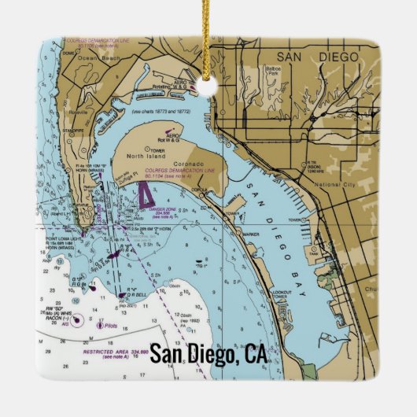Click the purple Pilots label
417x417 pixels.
coord(110,323)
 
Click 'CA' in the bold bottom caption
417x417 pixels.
coord(255,355)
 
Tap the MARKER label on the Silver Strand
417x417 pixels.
coord(251,234)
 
